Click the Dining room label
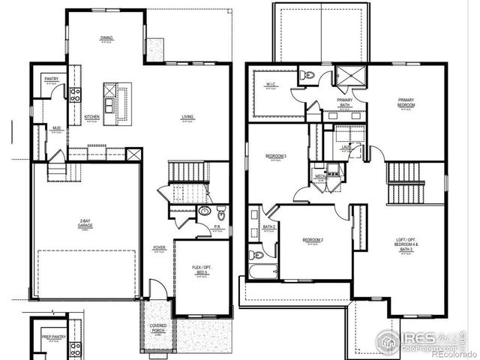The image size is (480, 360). point(106,37)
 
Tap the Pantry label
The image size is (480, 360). point(51,79)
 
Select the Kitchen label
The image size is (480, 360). point(92,117)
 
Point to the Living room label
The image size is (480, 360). point(187,117)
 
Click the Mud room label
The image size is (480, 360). point(56,128)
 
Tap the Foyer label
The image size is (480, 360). point(160,247)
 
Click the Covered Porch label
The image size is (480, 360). point(158,328)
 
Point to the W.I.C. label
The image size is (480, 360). point(271,85)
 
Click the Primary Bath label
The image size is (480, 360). point(345,103)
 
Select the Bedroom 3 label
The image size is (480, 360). point(276,157)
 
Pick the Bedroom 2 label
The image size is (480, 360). point(313,241)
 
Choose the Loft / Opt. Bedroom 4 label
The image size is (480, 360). point(406,244)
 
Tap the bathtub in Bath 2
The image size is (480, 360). point(262,270)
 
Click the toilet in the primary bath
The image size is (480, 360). point(308,76)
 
